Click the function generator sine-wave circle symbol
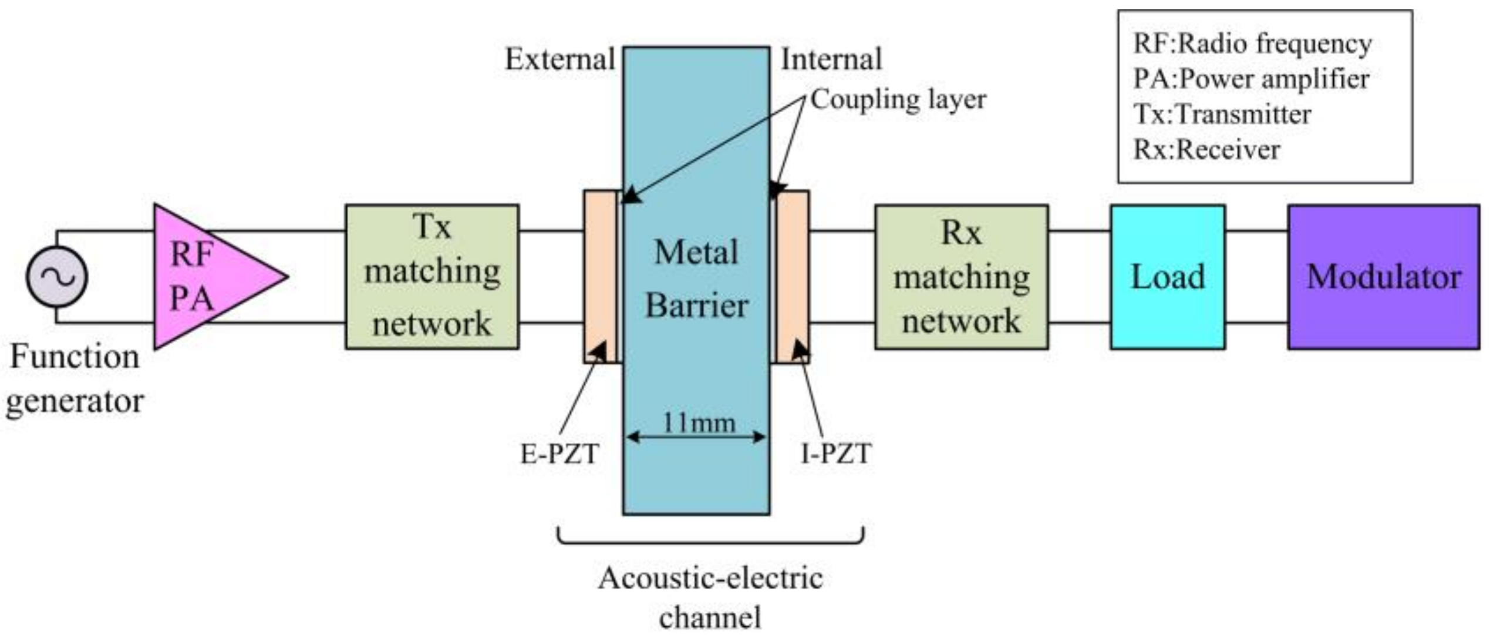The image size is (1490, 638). click(57, 277)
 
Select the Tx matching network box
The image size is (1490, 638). click(432, 277)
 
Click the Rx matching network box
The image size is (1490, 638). click(961, 277)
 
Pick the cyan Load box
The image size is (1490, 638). click(1168, 277)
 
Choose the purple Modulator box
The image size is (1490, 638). click(1383, 277)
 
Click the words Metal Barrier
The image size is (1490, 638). click(696, 279)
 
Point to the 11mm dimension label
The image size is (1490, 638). click(698, 423)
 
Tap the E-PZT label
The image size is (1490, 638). click(559, 454)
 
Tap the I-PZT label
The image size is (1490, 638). click(836, 454)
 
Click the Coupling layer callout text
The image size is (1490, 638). click(898, 99)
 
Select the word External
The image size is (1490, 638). click(559, 59)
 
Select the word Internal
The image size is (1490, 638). click(831, 59)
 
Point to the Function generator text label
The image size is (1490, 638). click(75, 379)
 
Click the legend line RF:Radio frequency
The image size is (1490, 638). click(1252, 44)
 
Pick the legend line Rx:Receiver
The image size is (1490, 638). click(1206, 150)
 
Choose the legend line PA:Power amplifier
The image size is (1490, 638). click(1251, 79)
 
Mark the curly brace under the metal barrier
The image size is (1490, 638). click(710, 537)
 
